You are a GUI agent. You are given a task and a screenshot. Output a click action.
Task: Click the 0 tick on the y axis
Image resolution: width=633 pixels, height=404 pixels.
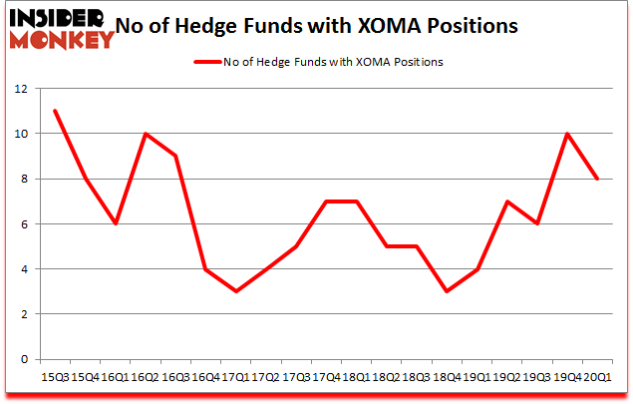(x=21, y=359)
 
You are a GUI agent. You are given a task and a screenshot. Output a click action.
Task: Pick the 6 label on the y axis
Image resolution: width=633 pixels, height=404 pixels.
(x=21, y=223)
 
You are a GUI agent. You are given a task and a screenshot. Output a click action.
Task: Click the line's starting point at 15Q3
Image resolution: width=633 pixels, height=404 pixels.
(x=56, y=111)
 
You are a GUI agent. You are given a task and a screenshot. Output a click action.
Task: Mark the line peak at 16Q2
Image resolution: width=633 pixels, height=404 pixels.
(x=146, y=134)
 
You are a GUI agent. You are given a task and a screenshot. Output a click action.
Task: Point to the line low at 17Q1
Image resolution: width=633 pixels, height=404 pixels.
(x=235, y=291)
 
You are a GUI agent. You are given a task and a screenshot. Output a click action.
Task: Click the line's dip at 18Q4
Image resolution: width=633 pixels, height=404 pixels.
(x=446, y=291)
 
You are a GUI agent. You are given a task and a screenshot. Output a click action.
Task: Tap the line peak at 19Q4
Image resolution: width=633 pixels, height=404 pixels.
(x=566, y=134)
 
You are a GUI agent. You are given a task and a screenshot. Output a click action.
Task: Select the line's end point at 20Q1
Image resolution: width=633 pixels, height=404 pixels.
(x=596, y=179)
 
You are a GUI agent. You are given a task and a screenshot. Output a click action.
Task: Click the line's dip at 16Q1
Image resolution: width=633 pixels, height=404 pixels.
(x=116, y=223)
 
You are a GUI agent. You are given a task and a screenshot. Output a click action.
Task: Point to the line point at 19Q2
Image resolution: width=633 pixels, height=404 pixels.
(x=505, y=202)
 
